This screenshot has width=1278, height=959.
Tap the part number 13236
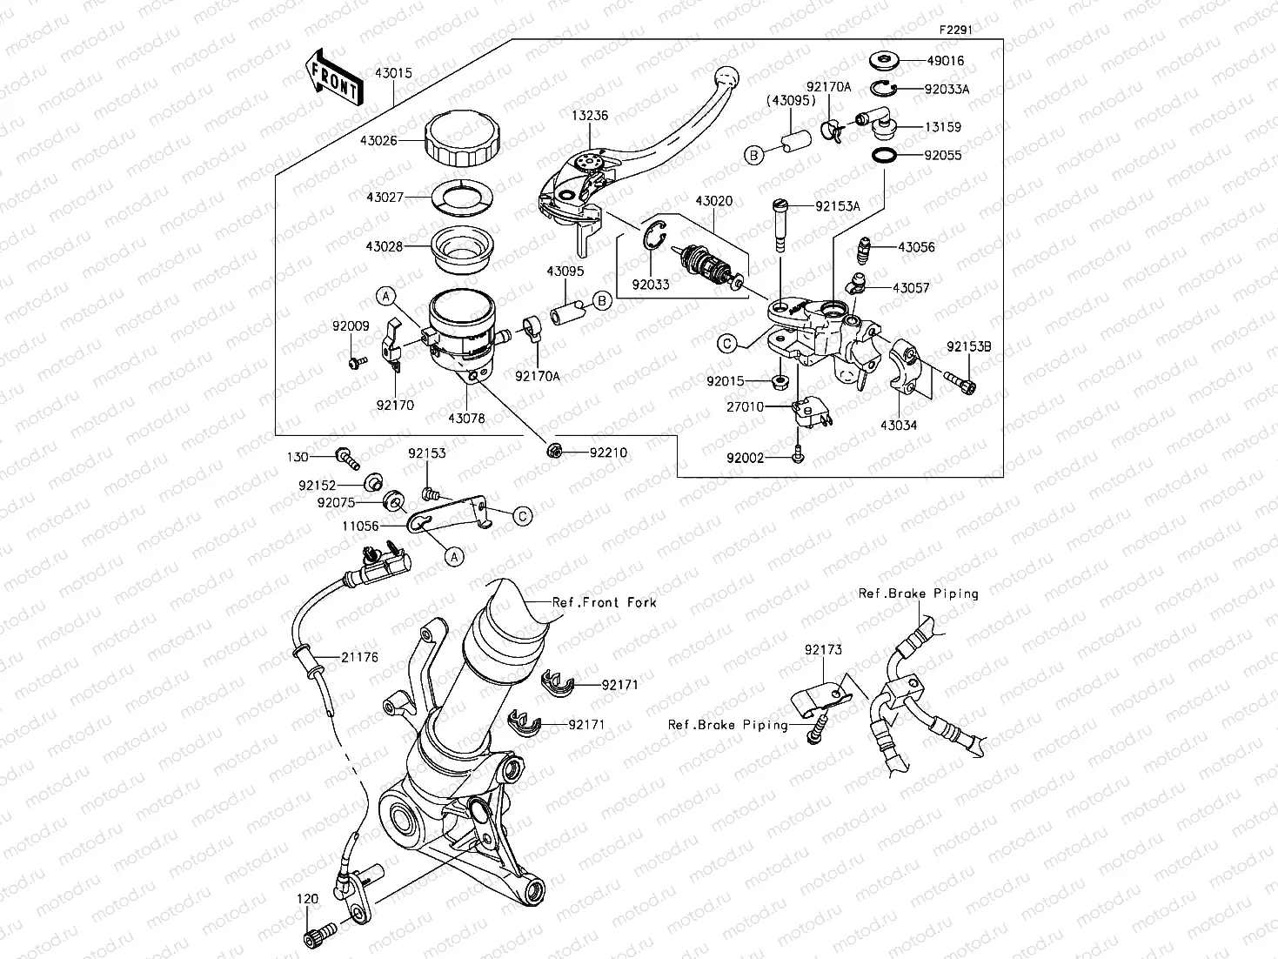(x=589, y=115)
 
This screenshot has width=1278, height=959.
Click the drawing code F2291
(x=954, y=29)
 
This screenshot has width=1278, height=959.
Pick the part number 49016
(x=945, y=61)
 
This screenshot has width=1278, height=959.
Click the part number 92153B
(x=969, y=346)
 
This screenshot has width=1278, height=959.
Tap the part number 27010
(x=746, y=406)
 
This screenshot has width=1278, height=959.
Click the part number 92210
(x=608, y=453)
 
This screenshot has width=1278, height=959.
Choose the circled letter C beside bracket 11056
(x=522, y=517)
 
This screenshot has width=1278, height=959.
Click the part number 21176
(x=359, y=658)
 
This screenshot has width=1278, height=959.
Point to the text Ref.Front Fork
(x=605, y=602)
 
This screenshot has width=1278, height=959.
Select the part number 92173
(x=823, y=650)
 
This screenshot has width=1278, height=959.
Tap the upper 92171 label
(x=619, y=685)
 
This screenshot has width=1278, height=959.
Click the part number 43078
(x=467, y=419)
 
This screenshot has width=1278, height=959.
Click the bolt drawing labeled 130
(x=347, y=455)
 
